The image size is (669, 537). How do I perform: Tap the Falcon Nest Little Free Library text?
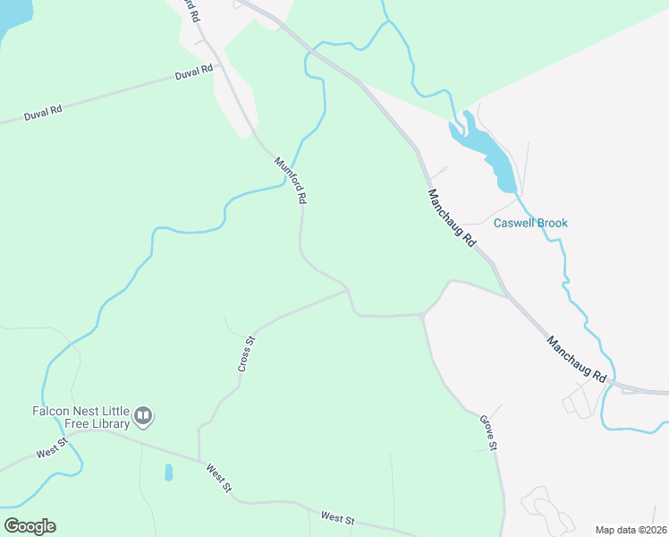(75, 417)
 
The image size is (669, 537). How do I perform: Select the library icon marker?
(143, 416)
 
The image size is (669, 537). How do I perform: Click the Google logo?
(30, 526)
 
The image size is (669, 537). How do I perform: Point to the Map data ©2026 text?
(631, 530)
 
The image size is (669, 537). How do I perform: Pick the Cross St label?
(247, 354)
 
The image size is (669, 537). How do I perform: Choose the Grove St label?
(488, 432)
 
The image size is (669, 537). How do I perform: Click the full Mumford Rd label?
(291, 181)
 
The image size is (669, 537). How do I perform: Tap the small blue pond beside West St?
(168, 472)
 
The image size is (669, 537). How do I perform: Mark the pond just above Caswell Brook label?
(487, 152)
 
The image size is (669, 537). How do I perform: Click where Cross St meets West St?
(199, 456)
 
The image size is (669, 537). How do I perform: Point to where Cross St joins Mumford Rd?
(347, 289)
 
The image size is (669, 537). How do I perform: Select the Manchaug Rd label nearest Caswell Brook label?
(451, 218)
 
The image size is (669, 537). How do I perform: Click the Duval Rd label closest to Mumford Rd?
(194, 71)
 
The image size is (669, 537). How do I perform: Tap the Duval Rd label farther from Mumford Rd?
(43, 111)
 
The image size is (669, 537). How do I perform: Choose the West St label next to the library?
(52, 447)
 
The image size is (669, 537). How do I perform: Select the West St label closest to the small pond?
(218, 477)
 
